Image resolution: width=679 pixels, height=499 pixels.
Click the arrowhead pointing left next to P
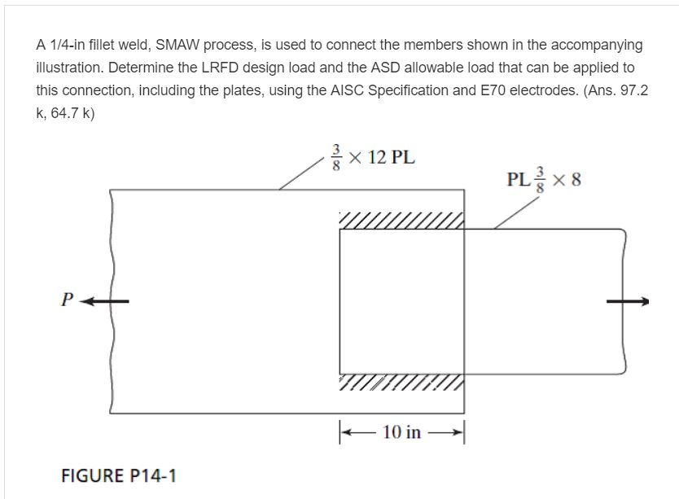(91, 301)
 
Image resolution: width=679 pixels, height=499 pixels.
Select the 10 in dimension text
(401, 432)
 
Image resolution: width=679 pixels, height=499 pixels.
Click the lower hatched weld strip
(401, 383)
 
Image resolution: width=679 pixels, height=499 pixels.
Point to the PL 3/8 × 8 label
(544, 179)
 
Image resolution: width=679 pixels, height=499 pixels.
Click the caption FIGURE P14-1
(119, 475)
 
